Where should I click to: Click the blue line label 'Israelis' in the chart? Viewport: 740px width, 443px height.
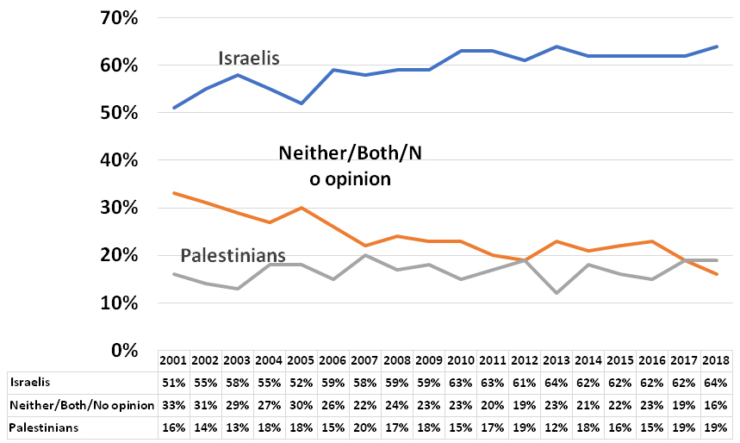click(250, 59)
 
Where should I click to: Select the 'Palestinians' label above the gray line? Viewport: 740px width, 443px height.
click(233, 256)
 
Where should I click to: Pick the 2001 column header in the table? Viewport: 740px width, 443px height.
click(174, 360)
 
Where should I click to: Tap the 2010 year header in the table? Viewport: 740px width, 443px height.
click(461, 360)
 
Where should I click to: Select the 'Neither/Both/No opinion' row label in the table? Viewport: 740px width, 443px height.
click(81, 403)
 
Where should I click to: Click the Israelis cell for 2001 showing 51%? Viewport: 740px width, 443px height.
click(174, 380)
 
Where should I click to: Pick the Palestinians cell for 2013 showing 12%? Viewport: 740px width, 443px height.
click(557, 427)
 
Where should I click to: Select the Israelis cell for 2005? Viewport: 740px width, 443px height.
click(302, 380)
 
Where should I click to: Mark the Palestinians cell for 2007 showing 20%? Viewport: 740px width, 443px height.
click(365, 427)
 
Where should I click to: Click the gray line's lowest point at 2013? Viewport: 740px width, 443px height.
click(557, 293)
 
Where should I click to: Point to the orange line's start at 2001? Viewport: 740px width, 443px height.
click(174, 193)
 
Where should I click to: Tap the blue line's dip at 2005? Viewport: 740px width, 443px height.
click(302, 103)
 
